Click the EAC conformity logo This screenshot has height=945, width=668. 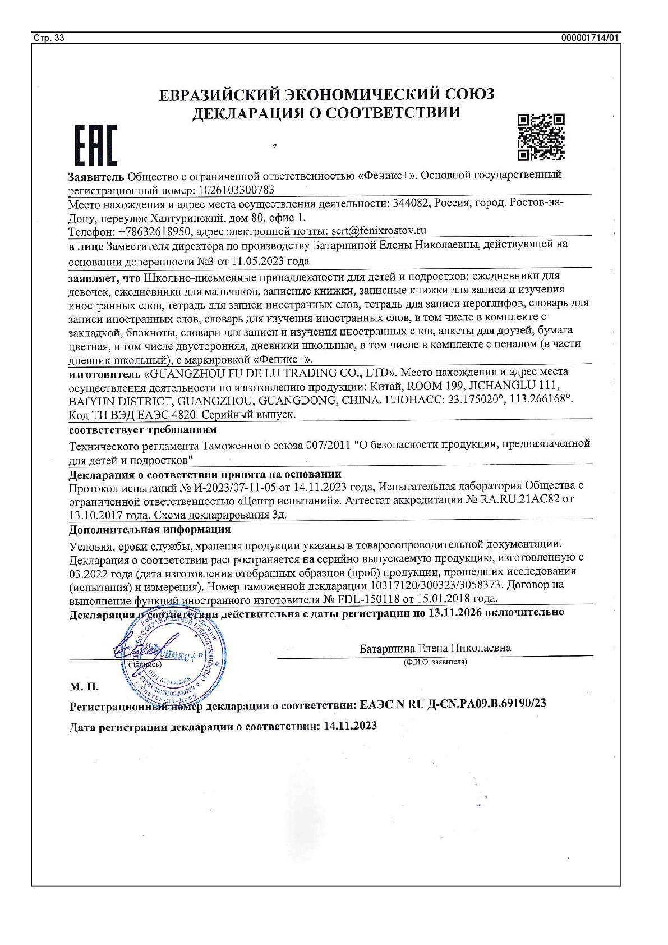point(95,146)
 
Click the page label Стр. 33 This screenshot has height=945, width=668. point(49,38)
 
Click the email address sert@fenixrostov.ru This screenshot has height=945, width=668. point(379,231)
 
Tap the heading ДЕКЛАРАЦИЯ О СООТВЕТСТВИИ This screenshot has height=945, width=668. point(326,113)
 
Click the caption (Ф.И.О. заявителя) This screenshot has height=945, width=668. point(435,662)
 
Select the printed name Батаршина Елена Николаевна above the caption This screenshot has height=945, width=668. point(435,648)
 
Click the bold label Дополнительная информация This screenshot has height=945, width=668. point(150,529)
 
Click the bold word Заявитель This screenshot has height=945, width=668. point(95,176)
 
